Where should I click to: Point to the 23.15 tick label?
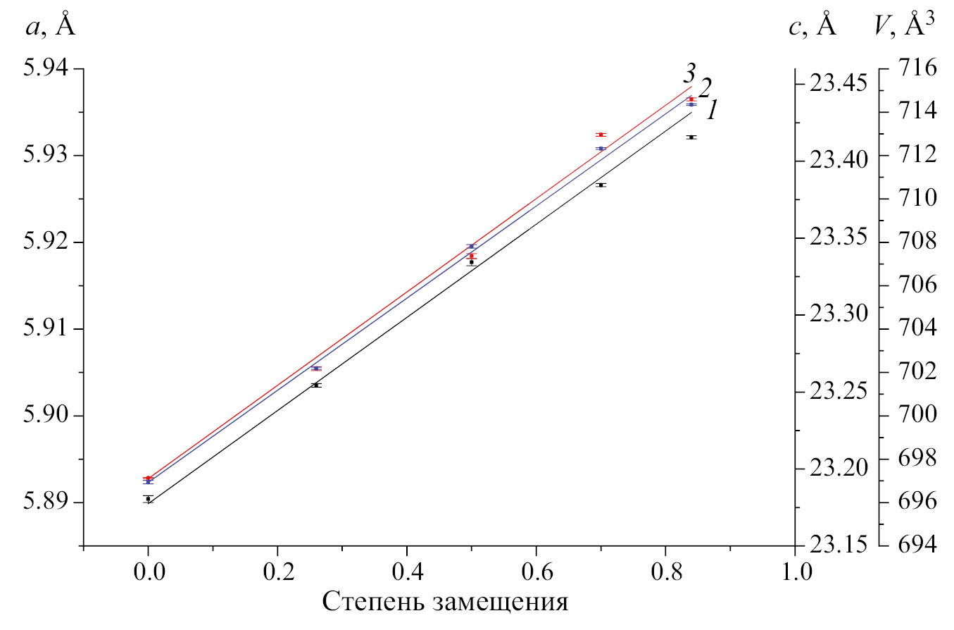click(836, 545)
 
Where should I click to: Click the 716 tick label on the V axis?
click(917, 69)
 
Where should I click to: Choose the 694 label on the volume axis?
click(917, 545)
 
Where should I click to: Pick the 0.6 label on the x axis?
click(536, 569)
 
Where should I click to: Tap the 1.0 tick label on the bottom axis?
click(795, 569)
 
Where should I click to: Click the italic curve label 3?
click(690, 73)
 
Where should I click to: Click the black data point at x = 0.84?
click(691, 137)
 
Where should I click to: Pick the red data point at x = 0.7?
click(601, 135)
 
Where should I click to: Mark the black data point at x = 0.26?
click(316, 385)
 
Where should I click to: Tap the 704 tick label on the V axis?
click(917, 329)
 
